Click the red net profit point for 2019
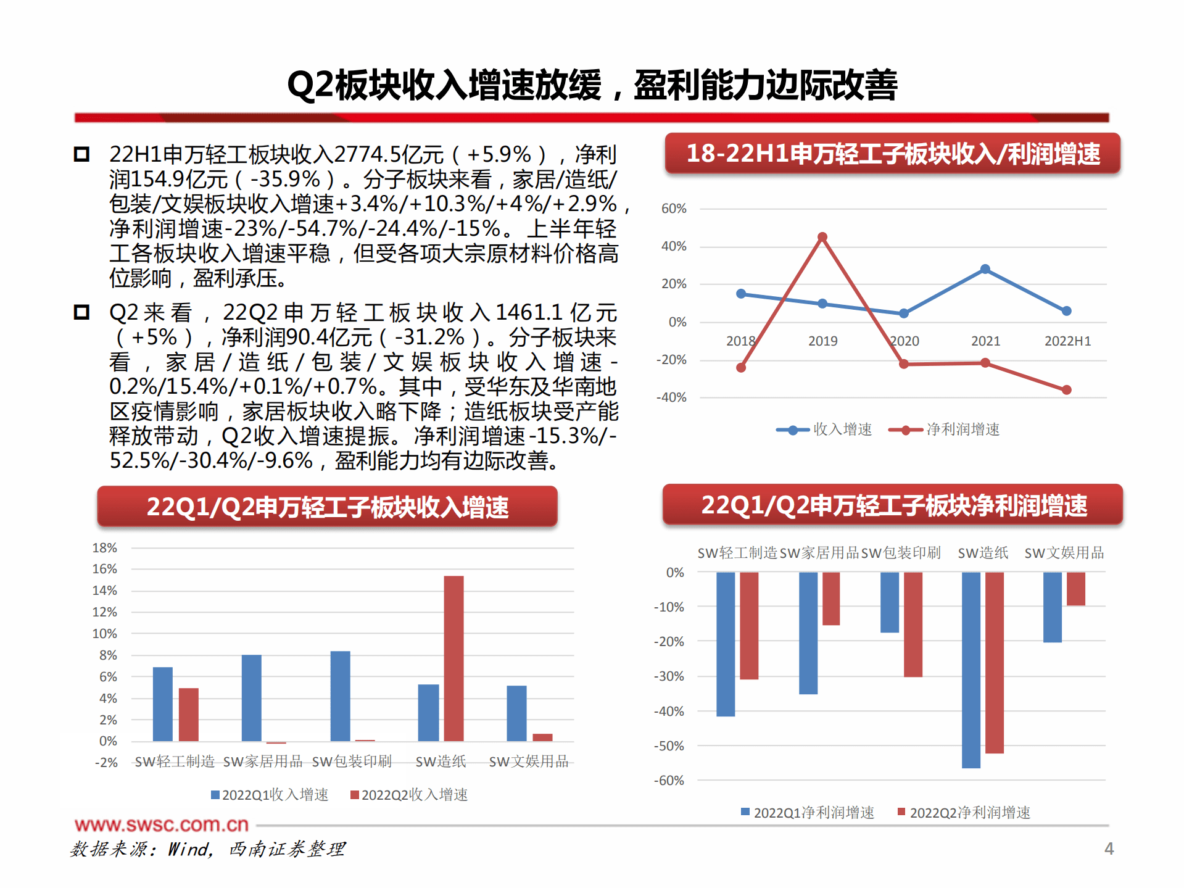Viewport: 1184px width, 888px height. [822, 238]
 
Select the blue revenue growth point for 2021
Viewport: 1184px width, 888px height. [985, 270]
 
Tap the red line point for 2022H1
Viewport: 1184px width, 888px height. [1067, 390]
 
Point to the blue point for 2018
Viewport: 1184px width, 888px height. [741, 294]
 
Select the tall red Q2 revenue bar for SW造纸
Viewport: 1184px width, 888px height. [453, 658]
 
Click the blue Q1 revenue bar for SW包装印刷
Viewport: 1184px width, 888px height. [340, 695]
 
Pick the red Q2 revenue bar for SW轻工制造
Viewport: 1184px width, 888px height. [189, 714]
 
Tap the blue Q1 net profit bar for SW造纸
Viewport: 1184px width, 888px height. [971, 670]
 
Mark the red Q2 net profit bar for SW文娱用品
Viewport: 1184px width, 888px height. [1075, 589]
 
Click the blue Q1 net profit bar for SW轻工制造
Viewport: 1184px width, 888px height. [726, 644]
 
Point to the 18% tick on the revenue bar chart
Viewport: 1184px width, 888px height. [104, 548]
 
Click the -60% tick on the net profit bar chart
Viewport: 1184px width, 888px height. [669, 781]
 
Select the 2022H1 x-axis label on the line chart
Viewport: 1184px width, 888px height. [1067, 341]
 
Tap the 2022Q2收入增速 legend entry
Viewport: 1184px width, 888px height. [409, 795]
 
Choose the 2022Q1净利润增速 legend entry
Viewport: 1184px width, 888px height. [808, 813]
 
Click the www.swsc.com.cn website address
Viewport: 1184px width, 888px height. [162, 824]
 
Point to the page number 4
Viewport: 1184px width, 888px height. [1109, 849]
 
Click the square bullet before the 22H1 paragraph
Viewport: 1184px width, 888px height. [81, 154]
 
